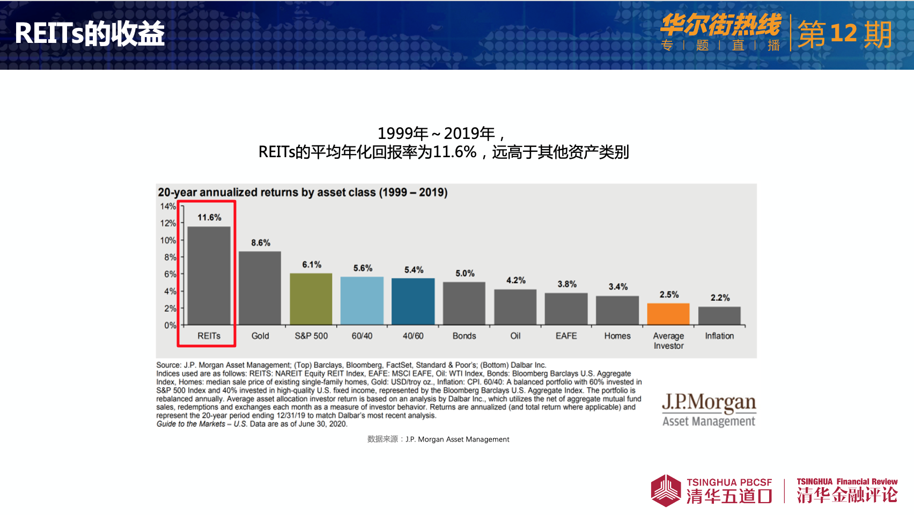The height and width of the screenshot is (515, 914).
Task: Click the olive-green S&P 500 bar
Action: click(311, 299)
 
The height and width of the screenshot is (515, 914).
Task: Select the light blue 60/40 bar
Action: click(362, 300)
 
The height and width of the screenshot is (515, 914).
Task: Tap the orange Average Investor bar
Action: click(668, 314)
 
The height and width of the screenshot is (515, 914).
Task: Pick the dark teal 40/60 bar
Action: click(413, 301)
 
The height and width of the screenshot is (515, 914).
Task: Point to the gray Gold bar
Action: click(260, 288)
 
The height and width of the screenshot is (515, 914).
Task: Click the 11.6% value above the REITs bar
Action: click(209, 217)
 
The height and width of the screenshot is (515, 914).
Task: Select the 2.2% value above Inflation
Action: click(720, 298)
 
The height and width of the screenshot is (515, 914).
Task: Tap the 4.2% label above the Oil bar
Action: click(516, 280)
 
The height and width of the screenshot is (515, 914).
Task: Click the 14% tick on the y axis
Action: click(168, 207)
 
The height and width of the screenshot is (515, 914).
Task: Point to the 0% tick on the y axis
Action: click(170, 325)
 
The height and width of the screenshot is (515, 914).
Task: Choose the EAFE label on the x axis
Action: click(566, 336)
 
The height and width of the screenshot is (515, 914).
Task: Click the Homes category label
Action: click(617, 336)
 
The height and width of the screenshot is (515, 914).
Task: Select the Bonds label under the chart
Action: click(464, 336)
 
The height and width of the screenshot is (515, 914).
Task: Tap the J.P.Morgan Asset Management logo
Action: click(709, 410)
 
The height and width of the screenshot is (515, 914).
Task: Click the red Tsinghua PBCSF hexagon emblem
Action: click(666, 490)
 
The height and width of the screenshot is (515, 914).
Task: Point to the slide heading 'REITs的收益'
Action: click(90, 33)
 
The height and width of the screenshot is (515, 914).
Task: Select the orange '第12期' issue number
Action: click(845, 34)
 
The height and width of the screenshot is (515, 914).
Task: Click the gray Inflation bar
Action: click(719, 315)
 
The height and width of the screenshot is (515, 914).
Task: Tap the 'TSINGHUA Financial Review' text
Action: click(847, 482)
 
